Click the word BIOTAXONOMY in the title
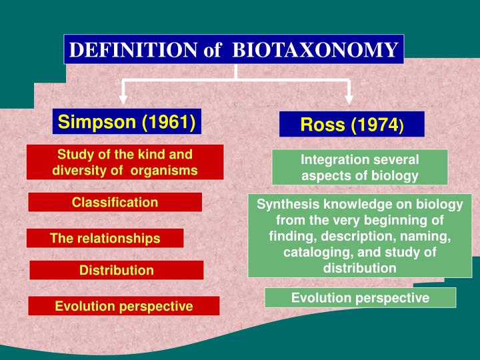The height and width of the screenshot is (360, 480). point(317,50)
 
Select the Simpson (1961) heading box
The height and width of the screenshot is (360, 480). point(126,122)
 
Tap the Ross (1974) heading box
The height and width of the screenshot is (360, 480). point(352,125)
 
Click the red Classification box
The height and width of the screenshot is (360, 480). point(115,202)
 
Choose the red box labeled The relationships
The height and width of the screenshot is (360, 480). point(105,238)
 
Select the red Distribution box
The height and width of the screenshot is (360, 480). point(117,270)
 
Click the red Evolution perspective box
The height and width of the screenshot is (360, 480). point(123,306)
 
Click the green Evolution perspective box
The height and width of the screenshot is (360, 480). point(360,297)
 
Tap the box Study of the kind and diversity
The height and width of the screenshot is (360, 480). point(125,162)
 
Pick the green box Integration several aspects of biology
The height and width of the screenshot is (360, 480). point(359,167)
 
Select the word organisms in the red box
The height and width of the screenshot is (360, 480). point(164,170)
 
